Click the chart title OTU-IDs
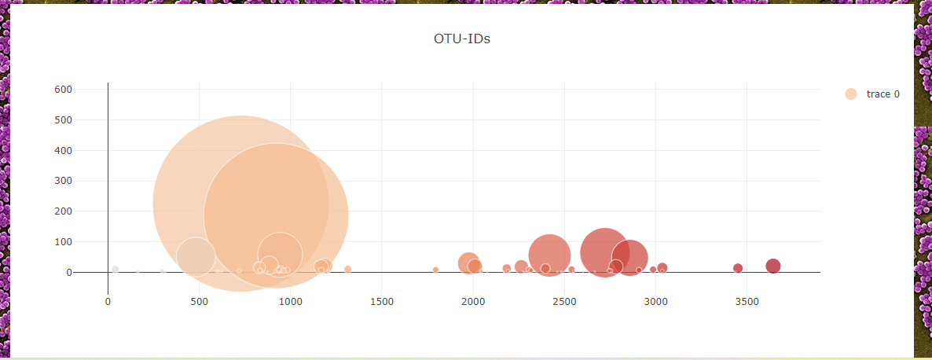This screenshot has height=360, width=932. pos(462,39)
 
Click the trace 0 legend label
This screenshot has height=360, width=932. pos(882,94)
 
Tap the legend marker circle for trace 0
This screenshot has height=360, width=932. pos(851,94)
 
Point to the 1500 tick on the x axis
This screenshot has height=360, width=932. pos(381,302)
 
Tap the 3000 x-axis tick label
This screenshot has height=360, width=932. pos(655,302)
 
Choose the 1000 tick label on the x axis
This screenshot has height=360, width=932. pos(290,302)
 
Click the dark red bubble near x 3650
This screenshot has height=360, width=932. pos(773,266)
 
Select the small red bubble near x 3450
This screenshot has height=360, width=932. pos(738,268)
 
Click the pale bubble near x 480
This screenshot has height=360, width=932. pos(196,256)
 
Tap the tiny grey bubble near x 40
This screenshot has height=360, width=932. pos(116,270)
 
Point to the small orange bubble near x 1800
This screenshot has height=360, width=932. pos(435,270)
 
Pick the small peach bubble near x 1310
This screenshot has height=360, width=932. pos(347,269)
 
